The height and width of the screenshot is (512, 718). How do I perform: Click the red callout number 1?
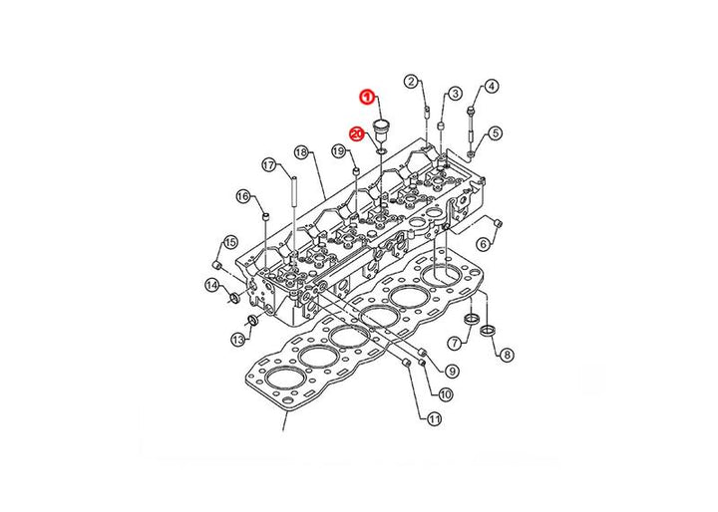click(367, 97)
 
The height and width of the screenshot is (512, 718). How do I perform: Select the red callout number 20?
click(357, 134)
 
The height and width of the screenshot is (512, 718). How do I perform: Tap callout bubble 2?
click(411, 82)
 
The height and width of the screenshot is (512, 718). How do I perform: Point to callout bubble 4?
click(491, 86)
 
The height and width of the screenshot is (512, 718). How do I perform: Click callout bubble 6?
click(484, 244)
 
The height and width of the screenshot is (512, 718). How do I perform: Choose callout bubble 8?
click(507, 355)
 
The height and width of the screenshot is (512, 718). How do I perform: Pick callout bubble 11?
click(434, 418)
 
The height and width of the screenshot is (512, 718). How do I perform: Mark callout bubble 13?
click(238, 340)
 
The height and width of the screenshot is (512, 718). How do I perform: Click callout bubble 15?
click(230, 242)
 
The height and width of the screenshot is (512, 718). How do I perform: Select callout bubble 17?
click(269, 164)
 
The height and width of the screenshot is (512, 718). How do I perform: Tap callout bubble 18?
click(301, 152)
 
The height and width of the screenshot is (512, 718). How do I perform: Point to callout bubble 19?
click(338, 151)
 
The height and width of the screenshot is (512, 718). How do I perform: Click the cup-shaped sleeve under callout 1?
click(381, 130)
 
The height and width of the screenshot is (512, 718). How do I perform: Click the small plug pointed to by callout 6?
click(498, 223)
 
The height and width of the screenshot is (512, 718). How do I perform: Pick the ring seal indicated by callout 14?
click(234, 299)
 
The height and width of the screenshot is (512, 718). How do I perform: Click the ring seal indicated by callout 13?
click(252, 321)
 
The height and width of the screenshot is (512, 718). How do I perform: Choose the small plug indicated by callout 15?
click(218, 265)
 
